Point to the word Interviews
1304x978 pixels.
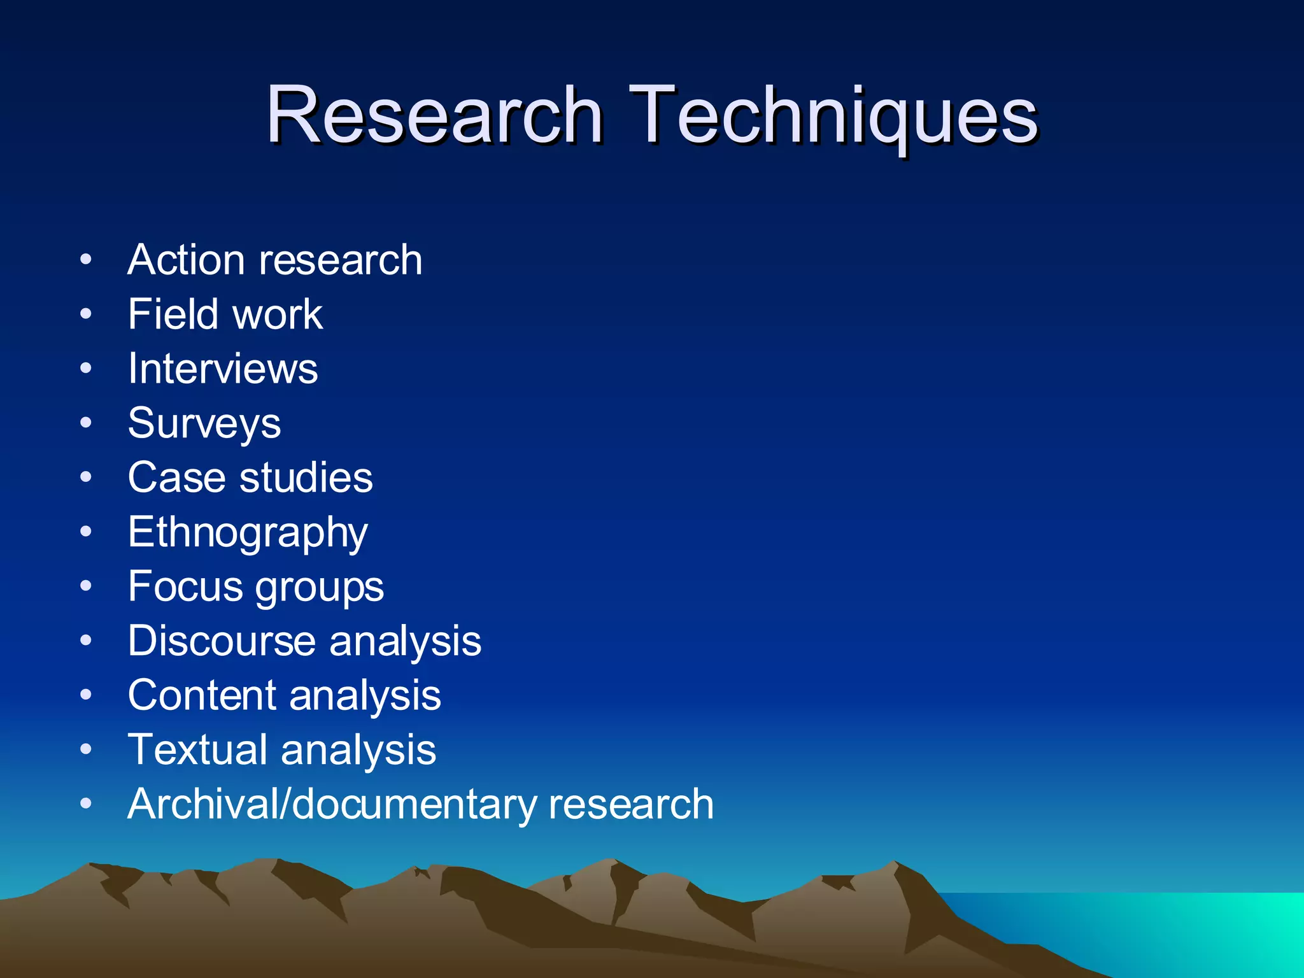tap(223, 369)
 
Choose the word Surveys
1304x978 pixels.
tap(204, 424)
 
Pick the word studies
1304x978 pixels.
tap(306, 478)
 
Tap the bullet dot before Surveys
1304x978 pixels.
tap(86, 423)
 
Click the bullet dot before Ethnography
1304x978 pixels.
tap(86, 532)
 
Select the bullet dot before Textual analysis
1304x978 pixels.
tap(86, 749)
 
